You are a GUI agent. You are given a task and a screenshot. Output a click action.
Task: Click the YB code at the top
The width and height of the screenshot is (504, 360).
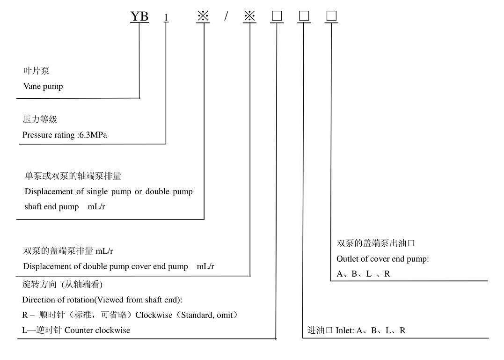tap(139, 16)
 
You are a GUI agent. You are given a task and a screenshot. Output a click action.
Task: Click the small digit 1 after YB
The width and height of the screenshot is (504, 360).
tap(166, 18)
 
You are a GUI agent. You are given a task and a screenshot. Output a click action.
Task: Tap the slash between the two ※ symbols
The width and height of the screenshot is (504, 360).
tap(226, 16)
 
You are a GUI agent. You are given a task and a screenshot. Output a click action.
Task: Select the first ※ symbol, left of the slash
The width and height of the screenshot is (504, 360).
tap(203, 16)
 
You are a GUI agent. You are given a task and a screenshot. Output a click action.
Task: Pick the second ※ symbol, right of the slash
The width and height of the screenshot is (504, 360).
tap(250, 16)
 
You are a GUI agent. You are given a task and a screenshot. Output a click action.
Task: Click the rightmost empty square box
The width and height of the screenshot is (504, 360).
tap(331, 16)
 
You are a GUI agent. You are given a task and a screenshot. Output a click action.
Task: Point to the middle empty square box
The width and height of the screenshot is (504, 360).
tap(304, 16)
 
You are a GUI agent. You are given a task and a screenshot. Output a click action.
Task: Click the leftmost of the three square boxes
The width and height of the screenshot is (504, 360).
tap(277, 16)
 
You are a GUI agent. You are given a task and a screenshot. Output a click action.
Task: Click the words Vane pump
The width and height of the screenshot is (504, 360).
tap(43, 86)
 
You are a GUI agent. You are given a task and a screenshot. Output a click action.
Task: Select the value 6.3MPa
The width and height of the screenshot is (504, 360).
tap(96, 135)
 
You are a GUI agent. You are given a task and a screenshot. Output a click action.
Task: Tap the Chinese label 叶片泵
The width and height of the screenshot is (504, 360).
tap(36, 71)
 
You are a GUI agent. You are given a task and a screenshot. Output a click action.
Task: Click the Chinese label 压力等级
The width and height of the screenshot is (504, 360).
tap(40, 119)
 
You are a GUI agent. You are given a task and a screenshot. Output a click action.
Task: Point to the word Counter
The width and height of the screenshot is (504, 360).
tap(79, 330)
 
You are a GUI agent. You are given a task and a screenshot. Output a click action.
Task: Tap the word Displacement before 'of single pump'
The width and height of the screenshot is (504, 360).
tap(49, 191)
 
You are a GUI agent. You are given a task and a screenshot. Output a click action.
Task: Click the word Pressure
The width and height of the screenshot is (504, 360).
tap(37, 135)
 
